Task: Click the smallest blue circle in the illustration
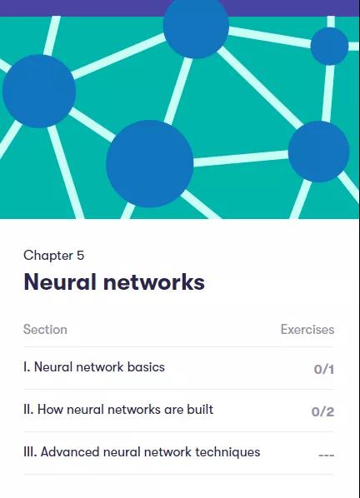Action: pyautogui.click(x=329, y=46)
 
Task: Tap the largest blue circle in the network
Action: pyautogui.click(x=150, y=163)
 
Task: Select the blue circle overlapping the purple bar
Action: pyautogui.click(x=196, y=26)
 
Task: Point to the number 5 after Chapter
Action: pyautogui.click(x=80, y=256)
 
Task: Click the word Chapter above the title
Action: pyautogui.click(x=48, y=256)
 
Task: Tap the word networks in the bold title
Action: pyautogui.click(x=154, y=281)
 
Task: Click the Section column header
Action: pyautogui.click(x=45, y=330)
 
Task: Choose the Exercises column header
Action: pyautogui.click(x=307, y=330)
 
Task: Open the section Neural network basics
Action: pyautogui.click(x=94, y=367)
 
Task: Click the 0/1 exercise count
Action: pyautogui.click(x=324, y=369)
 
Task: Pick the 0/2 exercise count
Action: pyautogui.click(x=322, y=411)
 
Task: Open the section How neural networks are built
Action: pyautogui.click(x=118, y=410)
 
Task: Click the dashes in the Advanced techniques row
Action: pyautogui.click(x=327, y=456)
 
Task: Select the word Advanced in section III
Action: pyautogui.click(x=70, y=452)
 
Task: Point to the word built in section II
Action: pyautogui.click(x=200, y=410)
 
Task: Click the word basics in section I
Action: pyautogui.click(x=146, y=367)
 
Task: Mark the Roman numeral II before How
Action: pyautogui.click(x=27, y=410)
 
